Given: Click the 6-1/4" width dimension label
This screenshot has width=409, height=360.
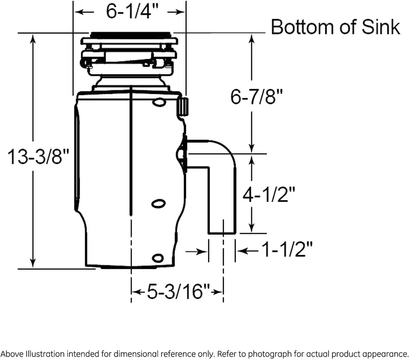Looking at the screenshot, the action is (132, 11).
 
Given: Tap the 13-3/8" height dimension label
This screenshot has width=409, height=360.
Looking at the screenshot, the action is (38, 157).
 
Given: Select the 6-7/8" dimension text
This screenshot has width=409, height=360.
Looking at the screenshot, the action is (257, 97).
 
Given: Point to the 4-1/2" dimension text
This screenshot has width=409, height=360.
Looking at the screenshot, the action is (269, 194).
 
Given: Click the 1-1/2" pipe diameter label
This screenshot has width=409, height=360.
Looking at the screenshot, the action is (287, 249).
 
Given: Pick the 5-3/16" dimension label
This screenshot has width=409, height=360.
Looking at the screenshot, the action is (178, 291).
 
